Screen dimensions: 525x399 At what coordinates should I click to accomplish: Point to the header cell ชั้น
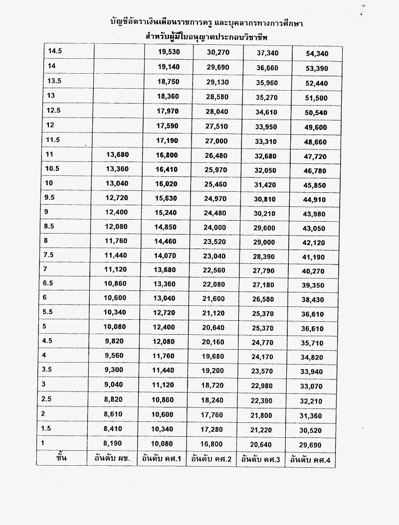pyautogui.click(x=62, y=458)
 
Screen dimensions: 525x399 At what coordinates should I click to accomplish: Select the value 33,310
pyautogui.click(x=266, y=141)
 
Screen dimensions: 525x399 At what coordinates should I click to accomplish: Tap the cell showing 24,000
pyautogui.click(x=215, y=226)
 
